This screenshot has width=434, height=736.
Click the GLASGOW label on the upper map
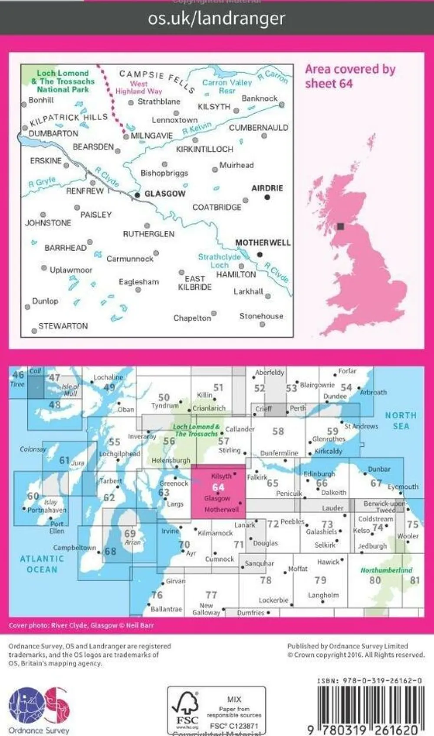coord(165,194)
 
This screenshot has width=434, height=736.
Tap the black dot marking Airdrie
coord(267,197)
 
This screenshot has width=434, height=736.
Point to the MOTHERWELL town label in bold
coord(263,243)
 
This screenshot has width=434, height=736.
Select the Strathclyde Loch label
coord(219,261)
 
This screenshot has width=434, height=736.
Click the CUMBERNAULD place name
coord(259,128)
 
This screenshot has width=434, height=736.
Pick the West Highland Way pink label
coord(139,87)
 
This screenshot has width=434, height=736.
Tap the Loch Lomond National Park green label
coord(62,82)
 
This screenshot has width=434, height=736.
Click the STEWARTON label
coord(63,326)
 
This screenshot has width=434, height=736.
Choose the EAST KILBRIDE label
coord(195,283)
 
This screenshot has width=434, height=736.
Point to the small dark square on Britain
coord(341,226)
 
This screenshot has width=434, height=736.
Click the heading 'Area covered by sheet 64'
coord(350,76)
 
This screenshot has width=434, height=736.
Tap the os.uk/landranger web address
coord(217,19)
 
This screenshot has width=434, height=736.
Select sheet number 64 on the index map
coord(218,487)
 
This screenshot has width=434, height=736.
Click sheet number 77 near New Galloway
coord(211,595)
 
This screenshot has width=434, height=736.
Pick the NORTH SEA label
coord(401,421)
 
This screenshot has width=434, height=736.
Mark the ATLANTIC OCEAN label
coord(42,564)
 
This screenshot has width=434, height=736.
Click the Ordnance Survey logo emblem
coord(39,706)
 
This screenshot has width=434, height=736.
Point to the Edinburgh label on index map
coord(319,474)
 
